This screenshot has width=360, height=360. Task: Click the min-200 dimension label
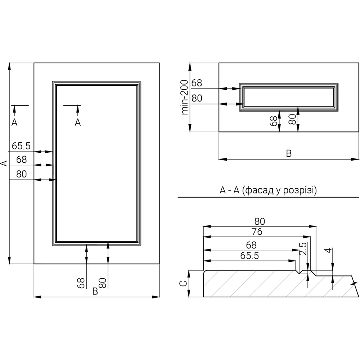pyautogui.click(x=185, y=97)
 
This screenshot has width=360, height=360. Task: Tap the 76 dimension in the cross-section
pyautogui.click(x=257, y=231)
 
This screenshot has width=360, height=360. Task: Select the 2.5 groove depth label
pyautogui.click(x=303, y=249)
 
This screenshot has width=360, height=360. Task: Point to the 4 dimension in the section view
pyautogui.click(x=329, y=250)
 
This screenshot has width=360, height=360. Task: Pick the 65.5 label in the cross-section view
pyautogui.click(x=249, y=256)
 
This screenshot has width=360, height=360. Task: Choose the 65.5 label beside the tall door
pyautogui.click(x=21, y=146)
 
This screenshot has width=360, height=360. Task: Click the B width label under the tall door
pyautogui.click(x=95, y=291)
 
